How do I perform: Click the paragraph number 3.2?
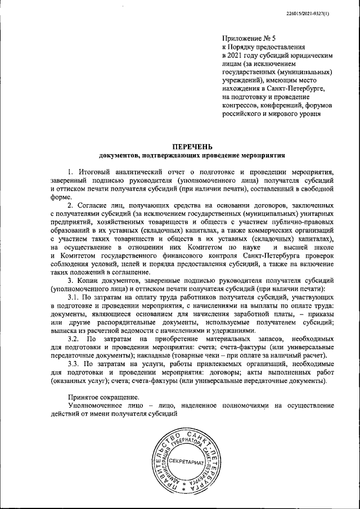[x=74, y=340]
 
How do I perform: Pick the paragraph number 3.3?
[x=74, y=364]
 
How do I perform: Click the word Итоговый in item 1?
[x=93, y=170]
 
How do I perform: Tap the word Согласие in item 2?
[x=95, y=206]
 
